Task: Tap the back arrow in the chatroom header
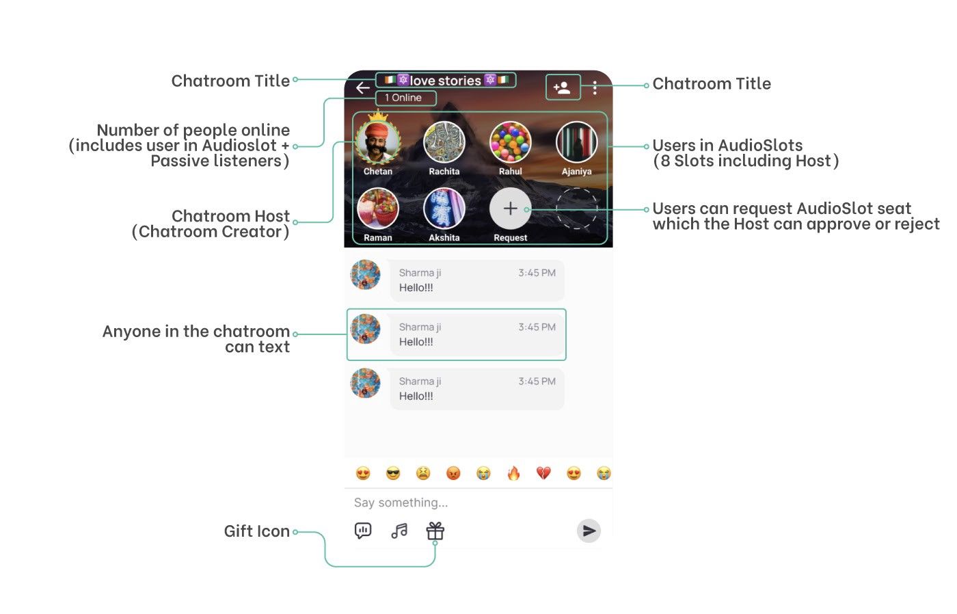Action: click(362, 88)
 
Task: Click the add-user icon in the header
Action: click(563, 88)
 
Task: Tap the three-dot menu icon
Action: click(595, 88)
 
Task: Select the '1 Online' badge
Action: click(405, 98)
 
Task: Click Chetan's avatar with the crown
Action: click(378, 142)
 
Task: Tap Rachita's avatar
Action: click(444, 142)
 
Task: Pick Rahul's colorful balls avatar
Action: click(510, 142)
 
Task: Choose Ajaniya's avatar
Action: click(576, 142)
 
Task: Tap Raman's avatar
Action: click(378, 209)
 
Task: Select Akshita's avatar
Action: click(444, 209)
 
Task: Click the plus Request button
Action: click(510, 209)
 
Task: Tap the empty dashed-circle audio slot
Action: click(576, 209)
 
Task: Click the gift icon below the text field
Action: click(435, 531)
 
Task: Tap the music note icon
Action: click(399, 531)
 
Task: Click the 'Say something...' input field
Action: click(465, 503)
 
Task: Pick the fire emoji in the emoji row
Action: click(513, 473)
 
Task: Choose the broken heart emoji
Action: click(543, 473)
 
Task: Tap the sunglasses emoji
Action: click(393, 473)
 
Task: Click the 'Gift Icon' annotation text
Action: click(256, 531)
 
